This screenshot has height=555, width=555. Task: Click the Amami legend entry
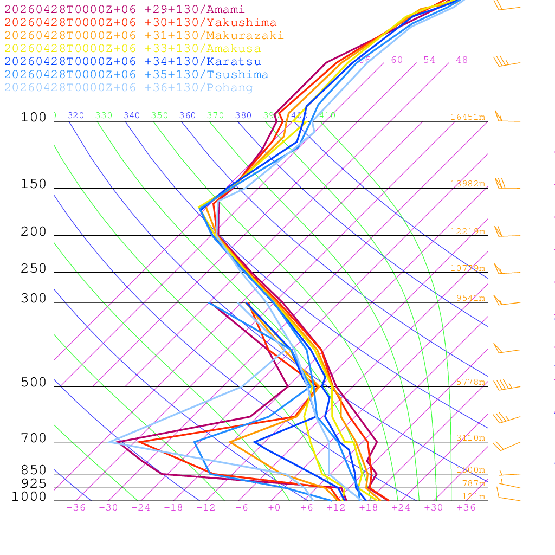[125, 10]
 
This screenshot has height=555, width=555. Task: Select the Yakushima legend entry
[140, 23]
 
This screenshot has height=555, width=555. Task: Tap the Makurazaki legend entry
[144, 36]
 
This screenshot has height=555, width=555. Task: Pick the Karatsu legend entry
[133, 62]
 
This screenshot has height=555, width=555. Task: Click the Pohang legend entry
[129, 88]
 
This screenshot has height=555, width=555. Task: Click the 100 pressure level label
[34, 118]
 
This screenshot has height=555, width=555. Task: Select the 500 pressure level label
[34, 383]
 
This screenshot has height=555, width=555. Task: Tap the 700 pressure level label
[34, 439]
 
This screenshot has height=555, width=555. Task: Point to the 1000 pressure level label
[29, 497]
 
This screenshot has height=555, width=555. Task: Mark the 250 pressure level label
[34, 269]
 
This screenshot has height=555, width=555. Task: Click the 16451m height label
[467, 117]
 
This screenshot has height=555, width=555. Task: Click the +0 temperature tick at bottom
[274, 508]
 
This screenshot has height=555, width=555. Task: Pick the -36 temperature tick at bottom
[76, 508]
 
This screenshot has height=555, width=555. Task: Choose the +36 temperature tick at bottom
[466, 508]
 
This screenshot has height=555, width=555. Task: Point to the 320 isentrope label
[76, 115]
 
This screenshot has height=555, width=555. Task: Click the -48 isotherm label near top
[458, 60]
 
